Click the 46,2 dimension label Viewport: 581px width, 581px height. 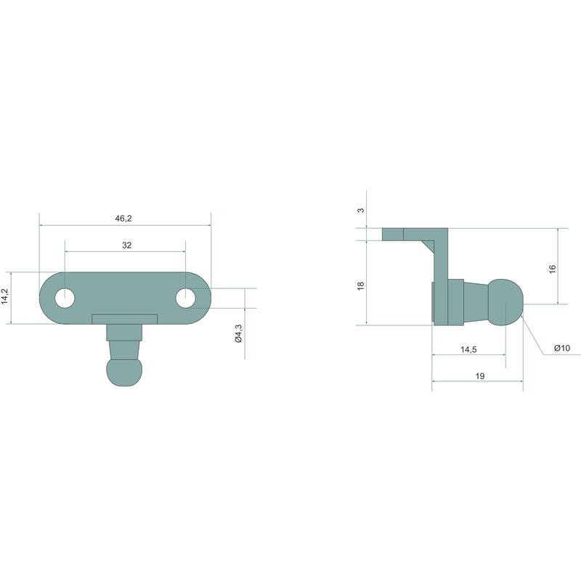pos(123,219)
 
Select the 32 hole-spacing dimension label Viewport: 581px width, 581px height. pos(126,245)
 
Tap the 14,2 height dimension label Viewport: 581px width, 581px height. pos(5,296)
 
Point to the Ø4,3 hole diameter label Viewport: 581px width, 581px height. pos(238,333)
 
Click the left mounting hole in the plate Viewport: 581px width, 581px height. pos(65,298)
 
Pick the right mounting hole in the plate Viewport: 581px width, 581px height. pos(186,298)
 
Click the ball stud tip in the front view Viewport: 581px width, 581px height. pos(124,373)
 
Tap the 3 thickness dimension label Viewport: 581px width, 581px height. pos(360,210)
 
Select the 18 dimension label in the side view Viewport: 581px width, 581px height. pos(360,285)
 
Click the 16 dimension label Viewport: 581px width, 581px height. pos(553,269)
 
